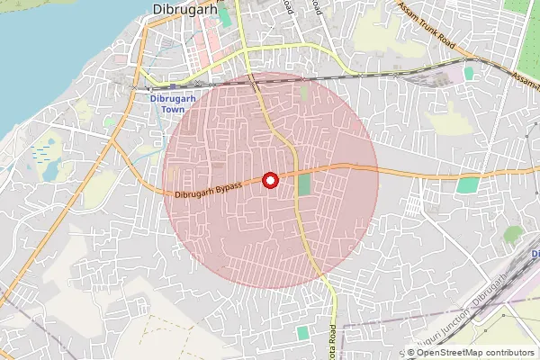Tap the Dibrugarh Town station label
pos(162,103)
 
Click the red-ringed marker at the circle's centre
pos(270,181)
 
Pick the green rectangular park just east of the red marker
pos(304,185)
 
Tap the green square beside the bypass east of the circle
pos(468,185)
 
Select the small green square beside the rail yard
pos(469,74)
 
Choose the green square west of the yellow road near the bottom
pos(302,333)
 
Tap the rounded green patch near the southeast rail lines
pos(513,235)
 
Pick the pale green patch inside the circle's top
pos(304,93)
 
